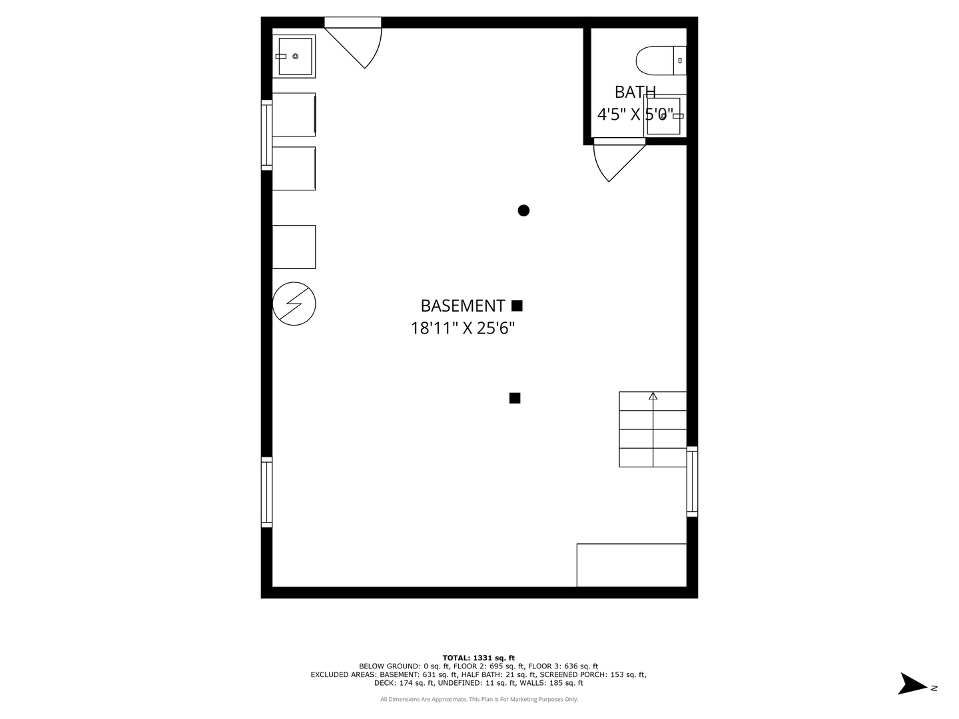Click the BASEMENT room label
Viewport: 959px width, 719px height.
click(x=462, y=306)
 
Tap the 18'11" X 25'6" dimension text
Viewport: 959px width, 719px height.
click(x=463, y=328)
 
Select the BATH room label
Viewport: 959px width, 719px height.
click(x=635, y=92)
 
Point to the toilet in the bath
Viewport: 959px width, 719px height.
click(x=661, y=60)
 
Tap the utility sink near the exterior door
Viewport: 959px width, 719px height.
click(x=294, y=57)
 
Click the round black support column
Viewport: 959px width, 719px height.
click(x=523, y=210)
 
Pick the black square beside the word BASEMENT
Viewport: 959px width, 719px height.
click(x=517, y=306)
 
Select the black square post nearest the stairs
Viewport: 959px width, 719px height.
click(x=515, y=398)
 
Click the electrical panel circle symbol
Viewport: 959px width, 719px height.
click(x=294, y=304)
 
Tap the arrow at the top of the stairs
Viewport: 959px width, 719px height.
click(x=653, y=396)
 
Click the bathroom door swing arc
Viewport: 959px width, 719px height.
click(x=599, y=167)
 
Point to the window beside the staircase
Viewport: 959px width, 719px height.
click(x=692, y=481)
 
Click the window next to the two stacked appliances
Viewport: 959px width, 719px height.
click(x=266, y=135)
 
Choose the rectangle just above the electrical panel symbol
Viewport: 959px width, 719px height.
click(x=294, y=247)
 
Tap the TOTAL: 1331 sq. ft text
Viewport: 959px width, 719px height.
click(x=478, y=658)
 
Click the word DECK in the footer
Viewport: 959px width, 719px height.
click(x=384, y=683)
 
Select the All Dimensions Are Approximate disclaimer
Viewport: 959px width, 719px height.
click(x=479, y=699)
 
